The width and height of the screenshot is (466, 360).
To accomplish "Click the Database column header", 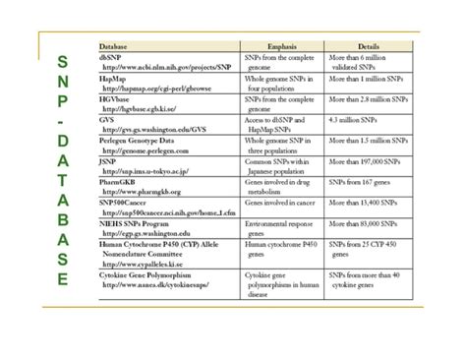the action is click(118, 46).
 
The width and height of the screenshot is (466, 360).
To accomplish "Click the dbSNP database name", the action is click(110, 59).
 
